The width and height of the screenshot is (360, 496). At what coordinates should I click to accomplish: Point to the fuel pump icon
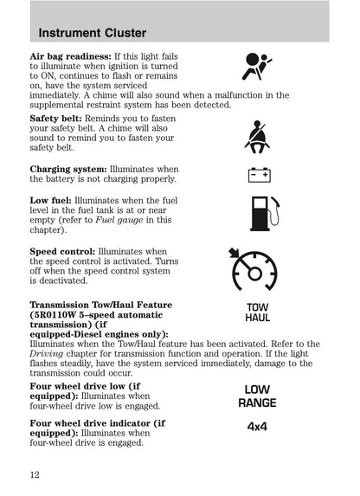(258, 216)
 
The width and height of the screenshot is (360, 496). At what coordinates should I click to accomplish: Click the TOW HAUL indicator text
(258, 312)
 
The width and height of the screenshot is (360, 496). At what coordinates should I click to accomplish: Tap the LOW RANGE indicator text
(258, 396)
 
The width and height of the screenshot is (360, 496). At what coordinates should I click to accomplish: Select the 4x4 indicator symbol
(258, 427)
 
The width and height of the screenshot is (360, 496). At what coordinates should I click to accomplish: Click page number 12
(35, 473)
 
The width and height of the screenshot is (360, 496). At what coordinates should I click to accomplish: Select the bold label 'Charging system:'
(68, 169)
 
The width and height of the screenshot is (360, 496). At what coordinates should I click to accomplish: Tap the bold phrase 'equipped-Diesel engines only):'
(99, 334)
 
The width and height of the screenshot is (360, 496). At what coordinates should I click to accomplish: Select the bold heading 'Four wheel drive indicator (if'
(97, 423)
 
